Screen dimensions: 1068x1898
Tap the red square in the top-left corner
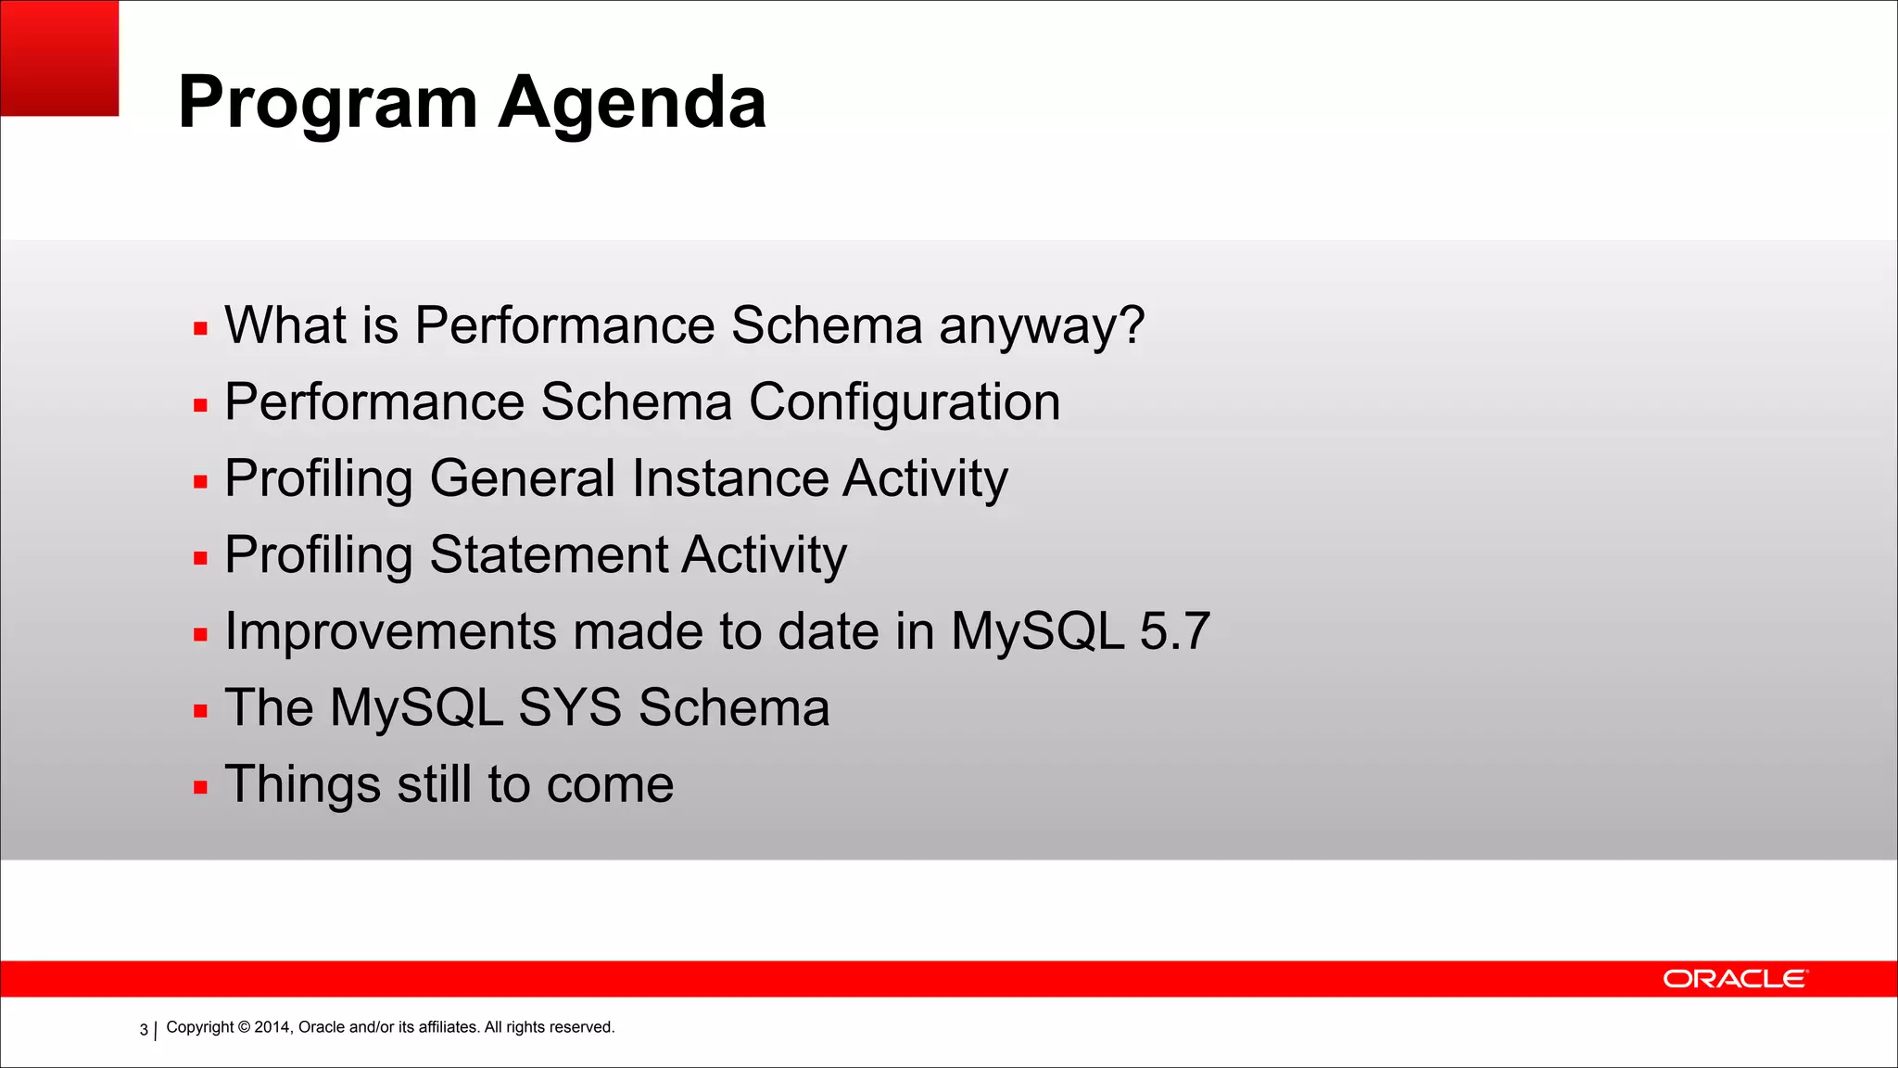[x=59, y=57]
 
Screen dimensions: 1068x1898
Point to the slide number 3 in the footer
[x=144, y=1029]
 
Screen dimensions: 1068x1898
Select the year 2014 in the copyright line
[x=272, y=1027]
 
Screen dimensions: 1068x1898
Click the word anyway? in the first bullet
[x=1042, y=326]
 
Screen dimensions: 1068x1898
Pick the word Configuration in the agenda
[x=905, y=402]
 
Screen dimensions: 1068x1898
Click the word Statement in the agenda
[x=549, y=555]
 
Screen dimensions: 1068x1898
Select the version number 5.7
[x=1174, y=631]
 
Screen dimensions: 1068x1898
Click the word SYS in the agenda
[x=570, y=708]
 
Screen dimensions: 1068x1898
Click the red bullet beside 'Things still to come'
[x=200, y=788]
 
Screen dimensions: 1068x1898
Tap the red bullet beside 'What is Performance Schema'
[x=200, y=328]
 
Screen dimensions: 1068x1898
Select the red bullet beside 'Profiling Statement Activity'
[x=200, y=558]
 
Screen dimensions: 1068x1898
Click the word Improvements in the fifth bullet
[x=391, y=632]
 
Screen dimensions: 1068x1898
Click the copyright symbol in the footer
[x=245, y=1027]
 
